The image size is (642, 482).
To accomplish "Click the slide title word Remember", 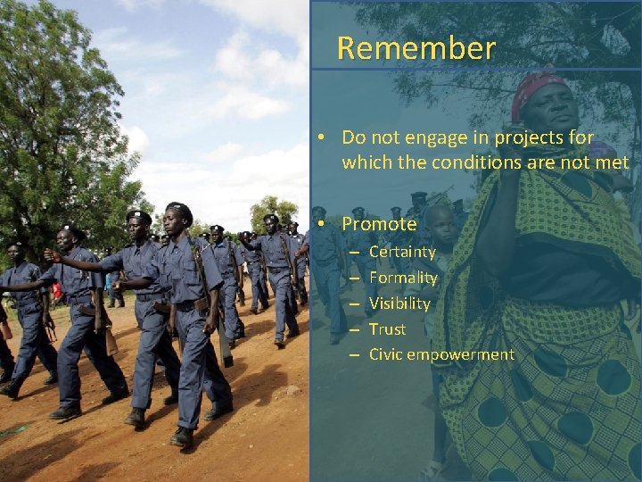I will click(x=416, y=48).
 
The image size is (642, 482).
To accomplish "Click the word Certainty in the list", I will click(x=402, y=252).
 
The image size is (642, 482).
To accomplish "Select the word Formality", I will click(x=403, y=278).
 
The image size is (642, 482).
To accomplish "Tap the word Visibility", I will click(x=399, y=303).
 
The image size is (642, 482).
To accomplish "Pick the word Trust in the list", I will click(x=387, y=329).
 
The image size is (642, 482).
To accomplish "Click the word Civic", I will click(x=386, y=354).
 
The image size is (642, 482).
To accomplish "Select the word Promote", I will click(x=379, y=224).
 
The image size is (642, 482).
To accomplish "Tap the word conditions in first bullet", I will click(x=481, y=162).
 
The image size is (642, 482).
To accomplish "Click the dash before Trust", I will click(x=354, y=329).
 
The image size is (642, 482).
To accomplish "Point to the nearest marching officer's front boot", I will click(x=182, y=436).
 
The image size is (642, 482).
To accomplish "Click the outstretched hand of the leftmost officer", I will click(x=51, y=255).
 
